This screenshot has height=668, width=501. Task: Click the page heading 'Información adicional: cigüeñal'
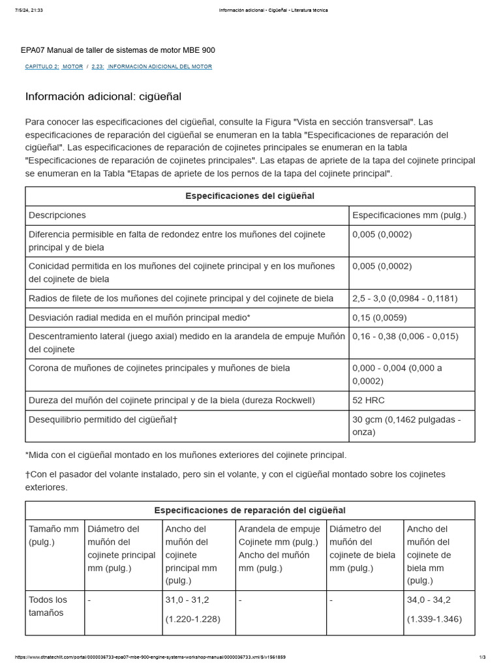[x=103, y=97]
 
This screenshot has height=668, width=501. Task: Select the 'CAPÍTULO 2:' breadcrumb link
[x=42, y=67]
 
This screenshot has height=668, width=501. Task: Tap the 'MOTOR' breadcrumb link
[x=72, y=67]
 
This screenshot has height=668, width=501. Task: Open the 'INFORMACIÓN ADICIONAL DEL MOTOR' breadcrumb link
[x=159, y=67]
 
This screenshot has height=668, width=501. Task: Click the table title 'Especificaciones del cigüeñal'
[x=250, y=196]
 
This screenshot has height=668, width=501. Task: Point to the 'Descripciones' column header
[x=57, y=215]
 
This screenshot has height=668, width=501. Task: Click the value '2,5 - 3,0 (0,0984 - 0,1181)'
[x=404, y=298]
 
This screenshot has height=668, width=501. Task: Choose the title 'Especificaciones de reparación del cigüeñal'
[x=250, y=510]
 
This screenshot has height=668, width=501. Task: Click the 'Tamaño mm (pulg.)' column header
[x=53, y=535]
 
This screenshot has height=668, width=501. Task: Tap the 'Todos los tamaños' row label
[x=48, y=606]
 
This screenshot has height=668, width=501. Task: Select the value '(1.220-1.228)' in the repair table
[x=193, y=619]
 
